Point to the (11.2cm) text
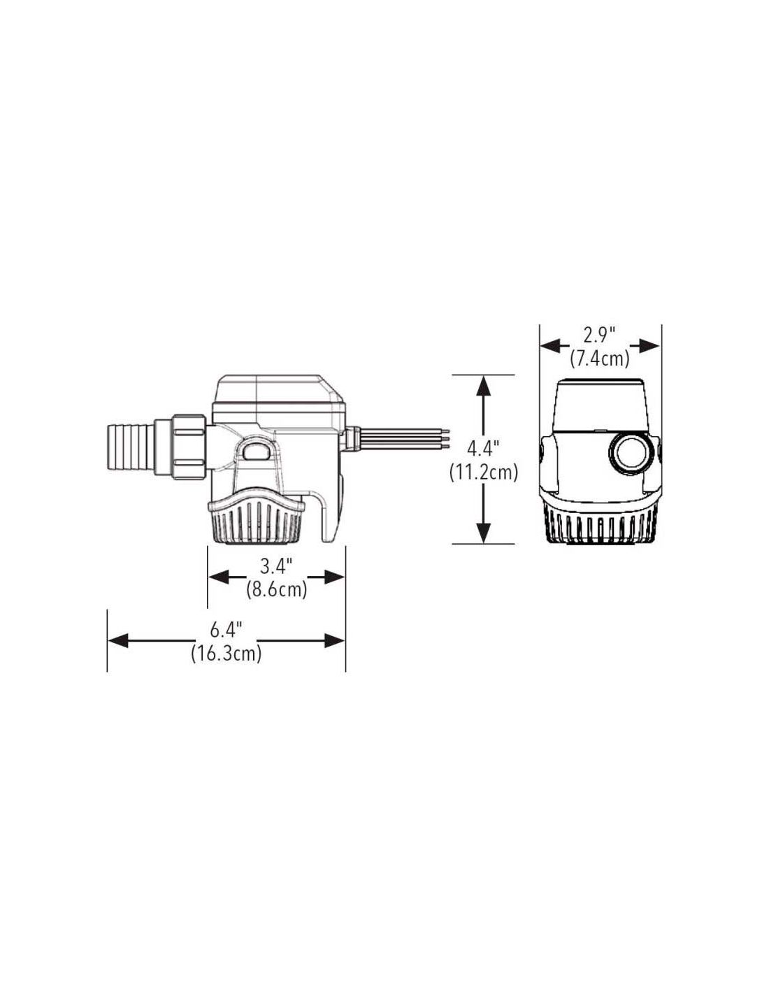[483, 472]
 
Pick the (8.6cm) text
[276, 590]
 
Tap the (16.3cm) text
[226, 653]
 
